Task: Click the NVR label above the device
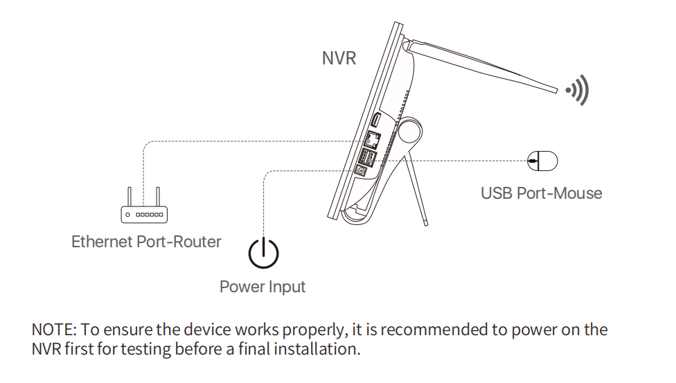pos(339,58)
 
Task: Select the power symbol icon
pos(263,252)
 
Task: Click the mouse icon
pos(542,161)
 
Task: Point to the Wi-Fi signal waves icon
pos(578,90)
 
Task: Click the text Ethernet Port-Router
pos(146,242)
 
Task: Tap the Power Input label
pos(263,287)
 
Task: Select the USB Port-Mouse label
pos(542,193)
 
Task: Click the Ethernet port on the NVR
pos(373,140)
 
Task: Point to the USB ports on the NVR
pos(367,157)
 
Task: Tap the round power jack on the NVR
pos(360,171)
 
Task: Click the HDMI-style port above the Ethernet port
pos(375,120)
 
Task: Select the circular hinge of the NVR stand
pos(409,131)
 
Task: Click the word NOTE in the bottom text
pos(54,330)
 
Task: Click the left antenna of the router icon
pos(129,197)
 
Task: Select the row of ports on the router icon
pos(150,215)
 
